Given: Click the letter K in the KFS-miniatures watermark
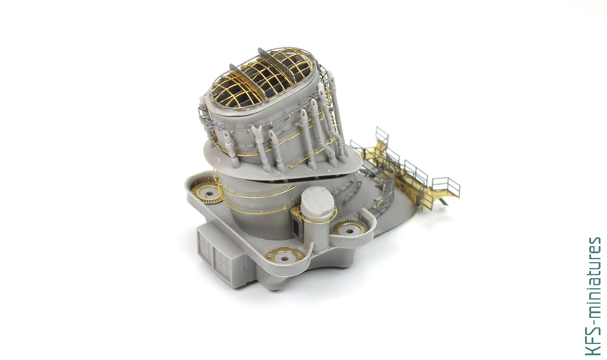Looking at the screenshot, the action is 593,349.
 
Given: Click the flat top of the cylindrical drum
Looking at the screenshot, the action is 317,196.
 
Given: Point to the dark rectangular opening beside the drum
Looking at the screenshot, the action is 297,228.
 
